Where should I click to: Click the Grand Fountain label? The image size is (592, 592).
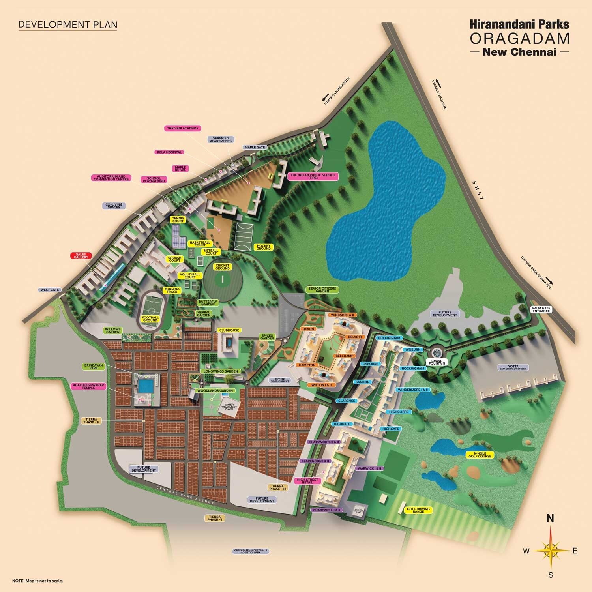click(437, 362)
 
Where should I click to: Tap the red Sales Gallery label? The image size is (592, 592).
click(81, 256)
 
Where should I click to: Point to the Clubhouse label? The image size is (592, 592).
click(230, 330)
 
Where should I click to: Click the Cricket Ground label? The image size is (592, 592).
click(223, 267)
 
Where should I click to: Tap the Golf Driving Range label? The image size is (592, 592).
click(418, 510)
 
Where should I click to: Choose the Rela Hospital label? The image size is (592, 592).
click(169, 152)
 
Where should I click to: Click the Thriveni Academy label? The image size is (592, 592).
click(182, 128)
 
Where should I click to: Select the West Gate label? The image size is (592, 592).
click(50, 290)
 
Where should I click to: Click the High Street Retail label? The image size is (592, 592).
click(307, 481)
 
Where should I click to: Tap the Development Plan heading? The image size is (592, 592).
click(68, 24)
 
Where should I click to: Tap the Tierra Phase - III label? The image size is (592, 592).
click(278, 487)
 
